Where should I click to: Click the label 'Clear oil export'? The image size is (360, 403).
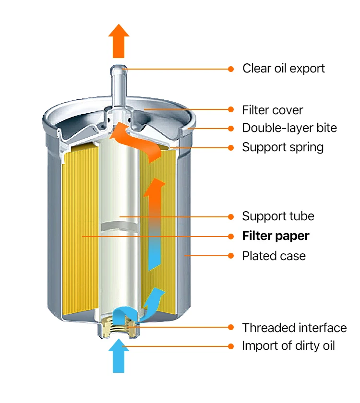(x=284, y=69)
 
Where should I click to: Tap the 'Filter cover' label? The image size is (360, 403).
(x=273, y=110)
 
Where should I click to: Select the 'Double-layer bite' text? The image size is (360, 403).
(x=289, y=128)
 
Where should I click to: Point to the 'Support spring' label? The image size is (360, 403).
(x=283, y=147)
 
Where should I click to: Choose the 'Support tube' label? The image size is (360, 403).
(x=278, y=216)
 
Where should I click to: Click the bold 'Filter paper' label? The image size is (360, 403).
(x=276, y=236)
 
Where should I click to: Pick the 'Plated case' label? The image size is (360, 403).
(x=274, y=256)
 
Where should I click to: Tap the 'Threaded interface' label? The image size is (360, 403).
(x=294, y=328)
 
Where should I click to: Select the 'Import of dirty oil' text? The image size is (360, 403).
(x=288, y=346)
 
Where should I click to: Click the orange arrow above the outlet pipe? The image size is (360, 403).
(x=119, y=41)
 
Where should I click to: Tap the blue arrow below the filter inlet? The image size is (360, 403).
(x=119, y=356)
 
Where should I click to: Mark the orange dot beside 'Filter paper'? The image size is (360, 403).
(x=231, y=236)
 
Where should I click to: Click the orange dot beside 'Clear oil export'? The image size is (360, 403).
(x=231, y=69)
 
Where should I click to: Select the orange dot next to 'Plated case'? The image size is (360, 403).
(x=231, y=256)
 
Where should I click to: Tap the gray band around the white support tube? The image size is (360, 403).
(x=120, y=226)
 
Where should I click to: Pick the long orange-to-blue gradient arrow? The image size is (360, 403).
(x=154, y=224)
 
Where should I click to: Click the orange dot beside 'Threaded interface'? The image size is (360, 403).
(x=231, y=327)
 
